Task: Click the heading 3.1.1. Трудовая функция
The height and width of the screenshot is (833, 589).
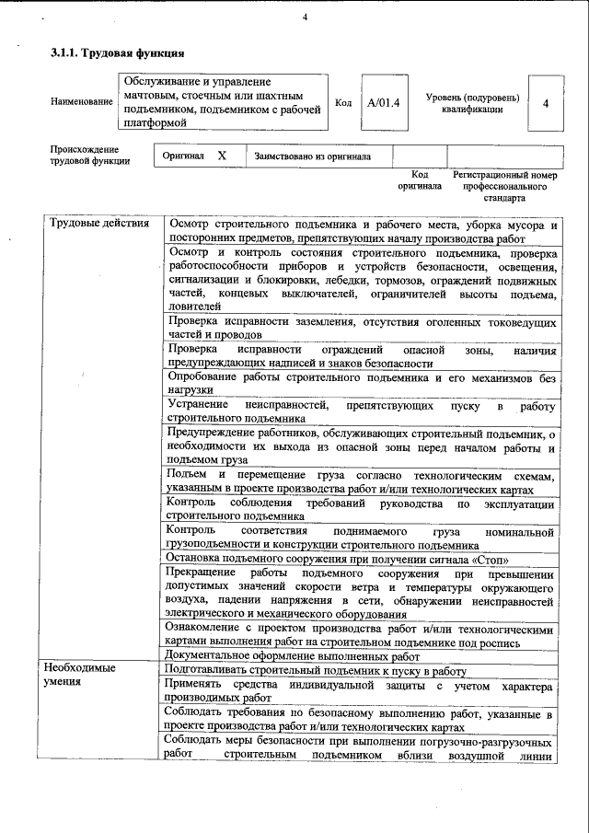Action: (x=110, y=54)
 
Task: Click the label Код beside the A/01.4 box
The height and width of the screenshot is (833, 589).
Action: (x=343, y=102)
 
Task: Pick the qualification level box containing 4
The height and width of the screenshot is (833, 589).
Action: (x=546, y=102)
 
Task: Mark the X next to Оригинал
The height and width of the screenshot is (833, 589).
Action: (x=222, y=156)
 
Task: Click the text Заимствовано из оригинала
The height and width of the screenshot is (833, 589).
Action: (x=313, y=156)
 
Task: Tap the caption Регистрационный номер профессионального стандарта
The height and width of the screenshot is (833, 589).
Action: (x=504, y=185)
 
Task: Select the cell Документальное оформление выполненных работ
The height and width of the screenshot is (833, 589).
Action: (x=291, y=656)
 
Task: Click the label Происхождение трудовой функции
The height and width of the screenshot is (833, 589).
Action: (x=85, y=155)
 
